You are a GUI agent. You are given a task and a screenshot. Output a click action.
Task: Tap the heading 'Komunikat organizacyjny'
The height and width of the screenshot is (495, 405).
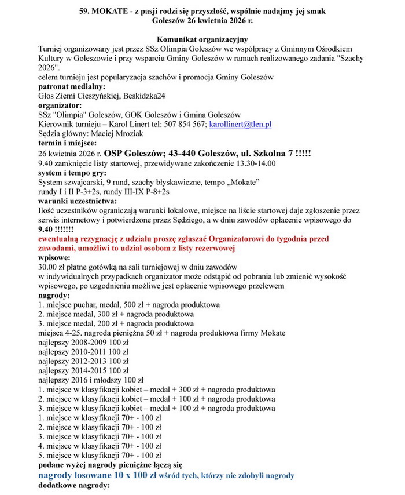tap(202, 38)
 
